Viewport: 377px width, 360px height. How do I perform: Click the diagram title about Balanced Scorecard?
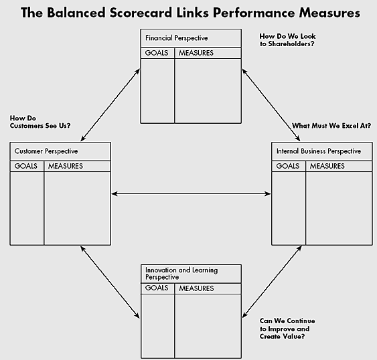pyautogui.click(x=190, y=13)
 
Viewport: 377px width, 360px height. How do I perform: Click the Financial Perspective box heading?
pyautogui.click(x=176, y=38)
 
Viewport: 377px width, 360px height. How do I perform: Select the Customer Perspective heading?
pyautogui.click(x=46, y=151)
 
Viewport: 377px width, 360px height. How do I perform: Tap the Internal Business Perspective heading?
pyautogui.click(x=318, y=151)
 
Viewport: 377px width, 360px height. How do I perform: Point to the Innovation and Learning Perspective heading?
pyautogui.click(x=181, y=274)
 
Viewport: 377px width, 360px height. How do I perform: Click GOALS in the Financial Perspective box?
pyautogui.click(x=156, y=53)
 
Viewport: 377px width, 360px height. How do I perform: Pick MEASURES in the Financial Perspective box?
pyautogui.click(x=196, y=53)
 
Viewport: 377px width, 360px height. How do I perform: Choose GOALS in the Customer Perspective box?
pyautogui.click(x=26, y=166)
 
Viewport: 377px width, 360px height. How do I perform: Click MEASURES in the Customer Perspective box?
pyautogui.click(x=66, y=166)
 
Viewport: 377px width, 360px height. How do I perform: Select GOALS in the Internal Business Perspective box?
pyautogui.click(x=288, y=166)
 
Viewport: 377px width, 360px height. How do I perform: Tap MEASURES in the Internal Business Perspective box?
pyautogui.click(x=327, y=166)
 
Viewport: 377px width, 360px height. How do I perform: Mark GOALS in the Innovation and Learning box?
pyautogui.click(x=157, y=288)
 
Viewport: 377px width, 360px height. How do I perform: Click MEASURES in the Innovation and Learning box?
pyautogui.click(x=196, y=288)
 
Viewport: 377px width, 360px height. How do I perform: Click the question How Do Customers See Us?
pyautogui.click(x=40, y=120)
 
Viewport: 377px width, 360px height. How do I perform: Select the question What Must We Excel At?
pyautogui.click(x=331, y=125)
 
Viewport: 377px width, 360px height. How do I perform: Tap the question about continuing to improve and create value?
pyautogui.click(x=287, y=329)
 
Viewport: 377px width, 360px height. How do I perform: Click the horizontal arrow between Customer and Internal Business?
pyautogui.click(x=191, y=194)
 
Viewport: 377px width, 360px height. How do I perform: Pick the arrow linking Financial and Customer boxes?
pyautogui.click(x=110, y=104)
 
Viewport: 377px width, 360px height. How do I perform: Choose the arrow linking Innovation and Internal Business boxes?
pyautogui.click(x=271, y=282)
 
